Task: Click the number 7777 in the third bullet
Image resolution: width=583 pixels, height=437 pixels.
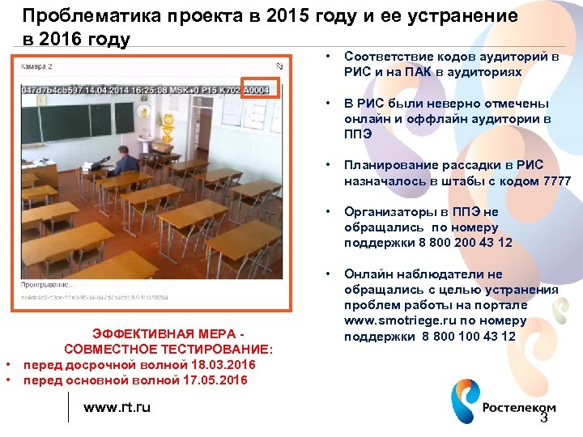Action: pos(555,181)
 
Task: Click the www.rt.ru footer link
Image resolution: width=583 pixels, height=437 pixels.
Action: pos(117,407)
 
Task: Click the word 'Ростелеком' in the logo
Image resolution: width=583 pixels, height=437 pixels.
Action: pos(519,408)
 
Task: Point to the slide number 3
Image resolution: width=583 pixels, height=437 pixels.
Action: pos(543,418)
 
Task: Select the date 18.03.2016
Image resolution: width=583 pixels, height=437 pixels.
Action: pos(218,365)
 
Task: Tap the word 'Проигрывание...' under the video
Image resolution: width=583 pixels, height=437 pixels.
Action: pos(46,286)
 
